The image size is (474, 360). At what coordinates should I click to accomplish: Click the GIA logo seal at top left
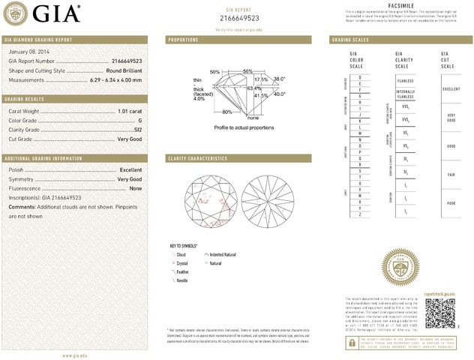tap(17, 13)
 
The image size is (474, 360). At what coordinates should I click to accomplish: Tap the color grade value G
tap(140, 120)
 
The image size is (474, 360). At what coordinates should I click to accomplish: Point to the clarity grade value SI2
tap(137, 129)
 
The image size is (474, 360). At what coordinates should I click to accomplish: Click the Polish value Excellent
tap(130, 170)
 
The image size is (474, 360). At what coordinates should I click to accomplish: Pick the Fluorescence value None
tap(136, 188)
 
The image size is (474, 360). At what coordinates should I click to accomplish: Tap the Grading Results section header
tap(26, 99)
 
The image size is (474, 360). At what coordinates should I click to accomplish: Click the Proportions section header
tap(183, 39)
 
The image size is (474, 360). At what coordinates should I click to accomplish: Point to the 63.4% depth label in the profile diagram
tap(253, 88)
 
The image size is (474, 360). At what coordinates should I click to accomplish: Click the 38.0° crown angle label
tap(280, 79)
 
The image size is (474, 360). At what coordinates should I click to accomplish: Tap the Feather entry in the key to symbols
tap(181, 271)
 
